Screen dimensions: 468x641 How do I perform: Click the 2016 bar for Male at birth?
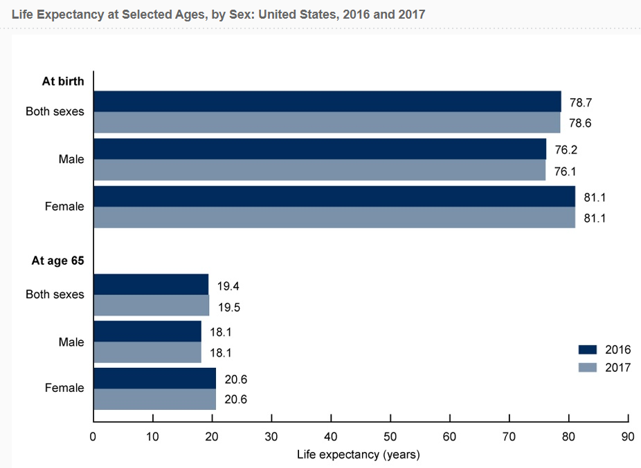pos(319,149)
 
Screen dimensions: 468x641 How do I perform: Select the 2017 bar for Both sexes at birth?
pos(326,122)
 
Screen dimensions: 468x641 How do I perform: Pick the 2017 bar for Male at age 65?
pos(147,353)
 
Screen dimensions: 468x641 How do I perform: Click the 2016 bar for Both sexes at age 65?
pos(150,284)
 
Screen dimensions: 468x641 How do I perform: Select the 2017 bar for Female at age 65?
pos(154,399)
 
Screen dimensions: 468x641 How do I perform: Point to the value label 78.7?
pos(580,102)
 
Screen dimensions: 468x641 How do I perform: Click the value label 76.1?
pos(566,170)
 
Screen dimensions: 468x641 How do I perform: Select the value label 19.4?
pos(228,286)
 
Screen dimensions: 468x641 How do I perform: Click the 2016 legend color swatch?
pos(587,349)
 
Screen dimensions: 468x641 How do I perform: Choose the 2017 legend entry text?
pos(617,368)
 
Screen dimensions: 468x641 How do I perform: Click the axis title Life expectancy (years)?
pos(359,455)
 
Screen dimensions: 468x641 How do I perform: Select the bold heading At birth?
pos(63,81)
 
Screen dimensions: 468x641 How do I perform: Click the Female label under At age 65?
pos(64,388)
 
